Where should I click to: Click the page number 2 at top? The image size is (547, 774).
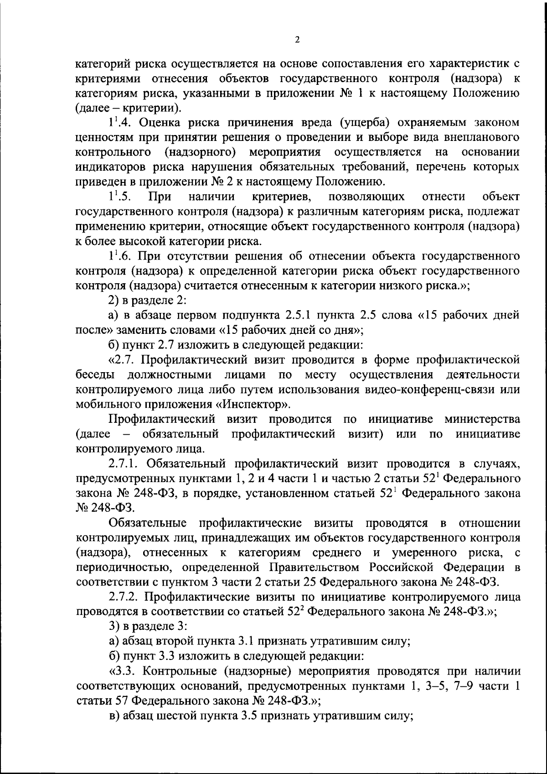297,40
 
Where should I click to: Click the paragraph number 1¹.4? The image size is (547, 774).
120,122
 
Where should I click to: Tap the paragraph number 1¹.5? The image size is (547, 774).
119,197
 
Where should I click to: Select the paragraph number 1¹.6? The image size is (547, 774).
120,256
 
